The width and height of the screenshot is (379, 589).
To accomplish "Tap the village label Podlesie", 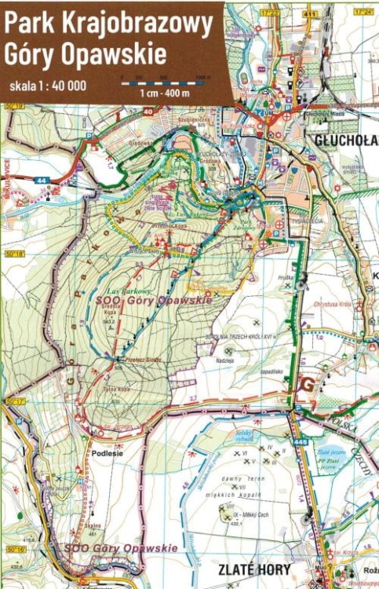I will click(108, 452).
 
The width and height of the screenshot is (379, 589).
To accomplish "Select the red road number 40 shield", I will click(148, 111).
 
